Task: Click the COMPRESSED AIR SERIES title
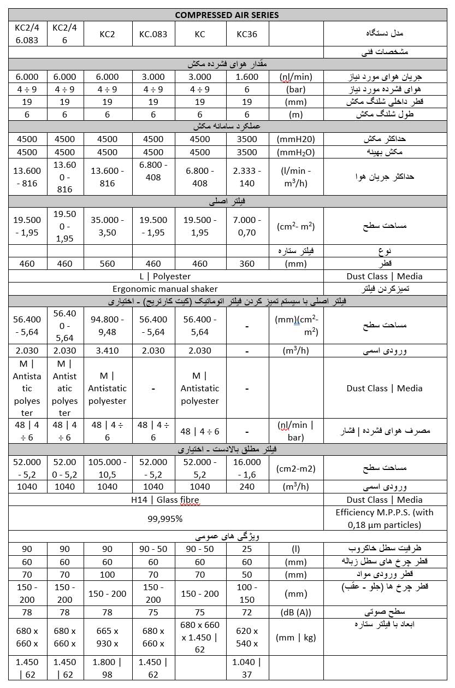227,15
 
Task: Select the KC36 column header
247,34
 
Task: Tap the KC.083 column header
153,34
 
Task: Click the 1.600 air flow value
247,77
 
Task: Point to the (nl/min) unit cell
296,77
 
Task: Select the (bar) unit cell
296,90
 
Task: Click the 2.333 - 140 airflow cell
247,177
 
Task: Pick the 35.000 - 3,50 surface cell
107,226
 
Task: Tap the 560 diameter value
107,264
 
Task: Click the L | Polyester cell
166,277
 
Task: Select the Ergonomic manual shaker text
166,289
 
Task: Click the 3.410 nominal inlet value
107,351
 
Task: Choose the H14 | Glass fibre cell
166,499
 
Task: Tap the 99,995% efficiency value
166,519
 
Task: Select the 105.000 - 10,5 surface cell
107,468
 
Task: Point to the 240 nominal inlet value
247,487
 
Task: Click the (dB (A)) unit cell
296,613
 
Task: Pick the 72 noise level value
247,613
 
